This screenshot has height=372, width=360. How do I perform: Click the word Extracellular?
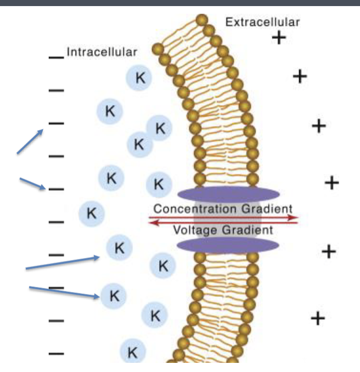pos(263,22)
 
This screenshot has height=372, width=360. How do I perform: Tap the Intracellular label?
pos(102,52)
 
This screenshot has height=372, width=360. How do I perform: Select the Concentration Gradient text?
pos(223,208)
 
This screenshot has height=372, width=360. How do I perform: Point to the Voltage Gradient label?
pos(223,230)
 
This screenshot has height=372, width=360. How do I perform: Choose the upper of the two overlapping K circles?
pos(160,128)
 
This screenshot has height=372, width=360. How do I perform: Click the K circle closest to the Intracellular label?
pos(139,78)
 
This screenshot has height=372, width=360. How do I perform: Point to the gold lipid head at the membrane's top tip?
pos(202,20)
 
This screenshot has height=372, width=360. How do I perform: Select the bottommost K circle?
pos(133,351)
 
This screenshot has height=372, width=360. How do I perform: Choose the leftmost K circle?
pos(91,213)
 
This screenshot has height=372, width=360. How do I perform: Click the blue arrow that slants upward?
pos(30,141)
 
